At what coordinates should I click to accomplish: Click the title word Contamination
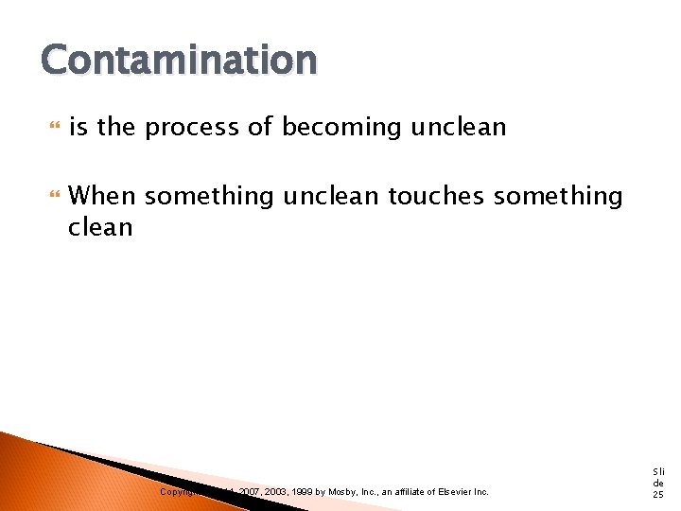click(x=179, y=61)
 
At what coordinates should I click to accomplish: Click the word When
click(x=103, y=196)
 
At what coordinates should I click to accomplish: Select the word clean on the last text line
click(x=101, y=227)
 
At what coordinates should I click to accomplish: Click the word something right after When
click(x=209, y=196)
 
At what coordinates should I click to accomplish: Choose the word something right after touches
click(x=558, y=196)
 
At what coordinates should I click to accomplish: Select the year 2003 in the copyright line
click(x=278, y=492)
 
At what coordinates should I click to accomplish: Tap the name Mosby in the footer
click(x=345, y=492)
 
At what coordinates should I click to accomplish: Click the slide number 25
click(x=658, y=495)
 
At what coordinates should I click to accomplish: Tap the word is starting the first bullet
click(x=79, y=127)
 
